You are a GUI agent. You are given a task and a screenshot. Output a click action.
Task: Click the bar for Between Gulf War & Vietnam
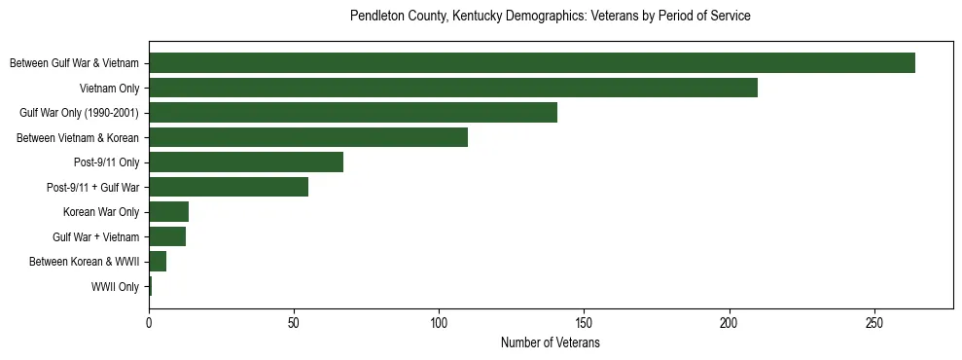(532, 63)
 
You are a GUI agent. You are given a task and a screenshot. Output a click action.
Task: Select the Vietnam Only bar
(453, 88)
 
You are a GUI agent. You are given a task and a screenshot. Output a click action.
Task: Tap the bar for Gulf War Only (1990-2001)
(353, 113)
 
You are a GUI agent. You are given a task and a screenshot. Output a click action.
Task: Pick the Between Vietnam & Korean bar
(308, 137)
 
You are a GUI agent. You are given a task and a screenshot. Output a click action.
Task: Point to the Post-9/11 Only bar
(246, 162)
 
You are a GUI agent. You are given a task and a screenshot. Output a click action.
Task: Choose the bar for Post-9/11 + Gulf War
(229, 187)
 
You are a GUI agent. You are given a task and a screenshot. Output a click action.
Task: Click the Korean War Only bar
(168, 212)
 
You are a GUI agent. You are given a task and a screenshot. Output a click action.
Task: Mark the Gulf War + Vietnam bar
(167, 236)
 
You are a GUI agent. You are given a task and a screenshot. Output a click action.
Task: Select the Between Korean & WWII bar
(158, 262)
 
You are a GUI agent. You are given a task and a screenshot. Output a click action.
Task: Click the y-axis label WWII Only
(115, 287)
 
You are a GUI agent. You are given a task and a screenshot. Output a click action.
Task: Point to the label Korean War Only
(101, 212)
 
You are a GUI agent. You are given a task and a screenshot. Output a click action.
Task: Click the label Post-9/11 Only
(106, 162)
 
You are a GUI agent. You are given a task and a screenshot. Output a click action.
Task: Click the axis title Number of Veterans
(551, 343)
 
